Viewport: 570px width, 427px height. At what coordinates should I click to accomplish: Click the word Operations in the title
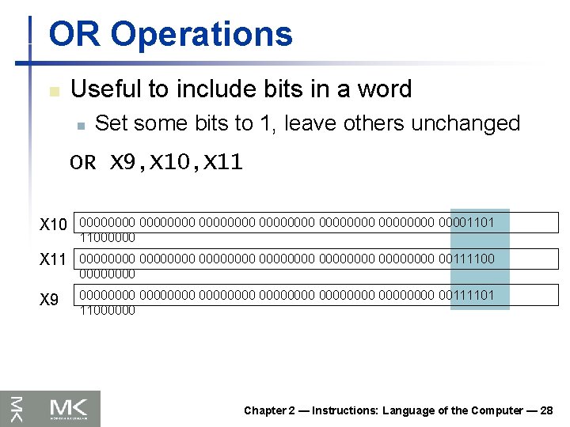(202, 35)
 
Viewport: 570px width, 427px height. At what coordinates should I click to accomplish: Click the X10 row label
(53, 225)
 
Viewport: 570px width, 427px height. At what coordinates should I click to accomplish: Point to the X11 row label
(53, 260)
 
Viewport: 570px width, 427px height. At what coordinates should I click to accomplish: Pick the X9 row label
(49, 300)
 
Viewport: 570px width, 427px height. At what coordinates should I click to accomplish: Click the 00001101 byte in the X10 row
(466, 223)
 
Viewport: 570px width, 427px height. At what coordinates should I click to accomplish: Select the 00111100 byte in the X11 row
(466, 259)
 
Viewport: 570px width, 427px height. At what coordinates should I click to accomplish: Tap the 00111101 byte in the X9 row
(466, 295)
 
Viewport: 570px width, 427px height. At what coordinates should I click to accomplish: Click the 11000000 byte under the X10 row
(107, 237)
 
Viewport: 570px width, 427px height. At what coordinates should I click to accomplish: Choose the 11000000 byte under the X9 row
(107, 310)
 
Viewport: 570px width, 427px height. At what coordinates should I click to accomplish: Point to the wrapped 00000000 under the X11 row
(107, 274)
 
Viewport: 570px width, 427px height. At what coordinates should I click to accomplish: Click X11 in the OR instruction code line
(223, 163)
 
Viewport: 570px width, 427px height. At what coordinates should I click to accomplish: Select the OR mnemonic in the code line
(82, 163)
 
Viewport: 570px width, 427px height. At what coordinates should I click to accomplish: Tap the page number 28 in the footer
(545, 410)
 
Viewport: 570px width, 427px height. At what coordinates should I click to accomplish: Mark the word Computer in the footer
(497, 410)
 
